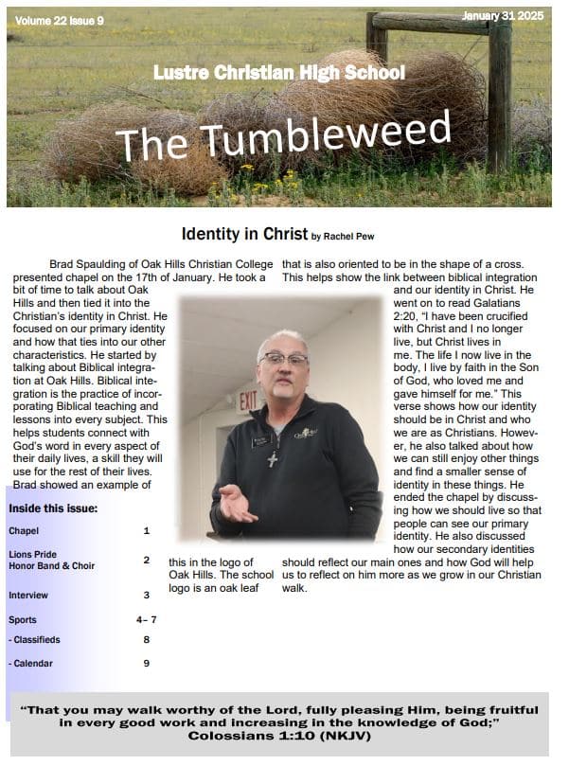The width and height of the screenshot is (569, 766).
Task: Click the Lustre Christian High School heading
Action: pyautogui.click(x=279, y=73)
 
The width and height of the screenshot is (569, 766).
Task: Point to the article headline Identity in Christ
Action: pyautogui.click(x=244, y=233)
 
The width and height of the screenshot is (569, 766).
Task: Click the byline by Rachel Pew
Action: pyautogui.click(x=349, y=236)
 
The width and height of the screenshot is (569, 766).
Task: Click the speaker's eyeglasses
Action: pyautogui.click(x=283, y=360)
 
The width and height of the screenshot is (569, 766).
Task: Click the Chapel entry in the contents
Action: pyautogui.click(x=24, y=531)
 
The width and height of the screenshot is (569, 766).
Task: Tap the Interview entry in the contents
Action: pyautogui.click(x=27, y=596)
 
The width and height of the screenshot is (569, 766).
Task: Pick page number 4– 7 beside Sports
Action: pyautogui.click(x=146, y=620)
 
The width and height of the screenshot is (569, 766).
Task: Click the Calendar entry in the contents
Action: pyautogui.click(x=32, y=664)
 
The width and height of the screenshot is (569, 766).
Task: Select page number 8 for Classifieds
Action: pyautogui.click(x=147, y=640)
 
